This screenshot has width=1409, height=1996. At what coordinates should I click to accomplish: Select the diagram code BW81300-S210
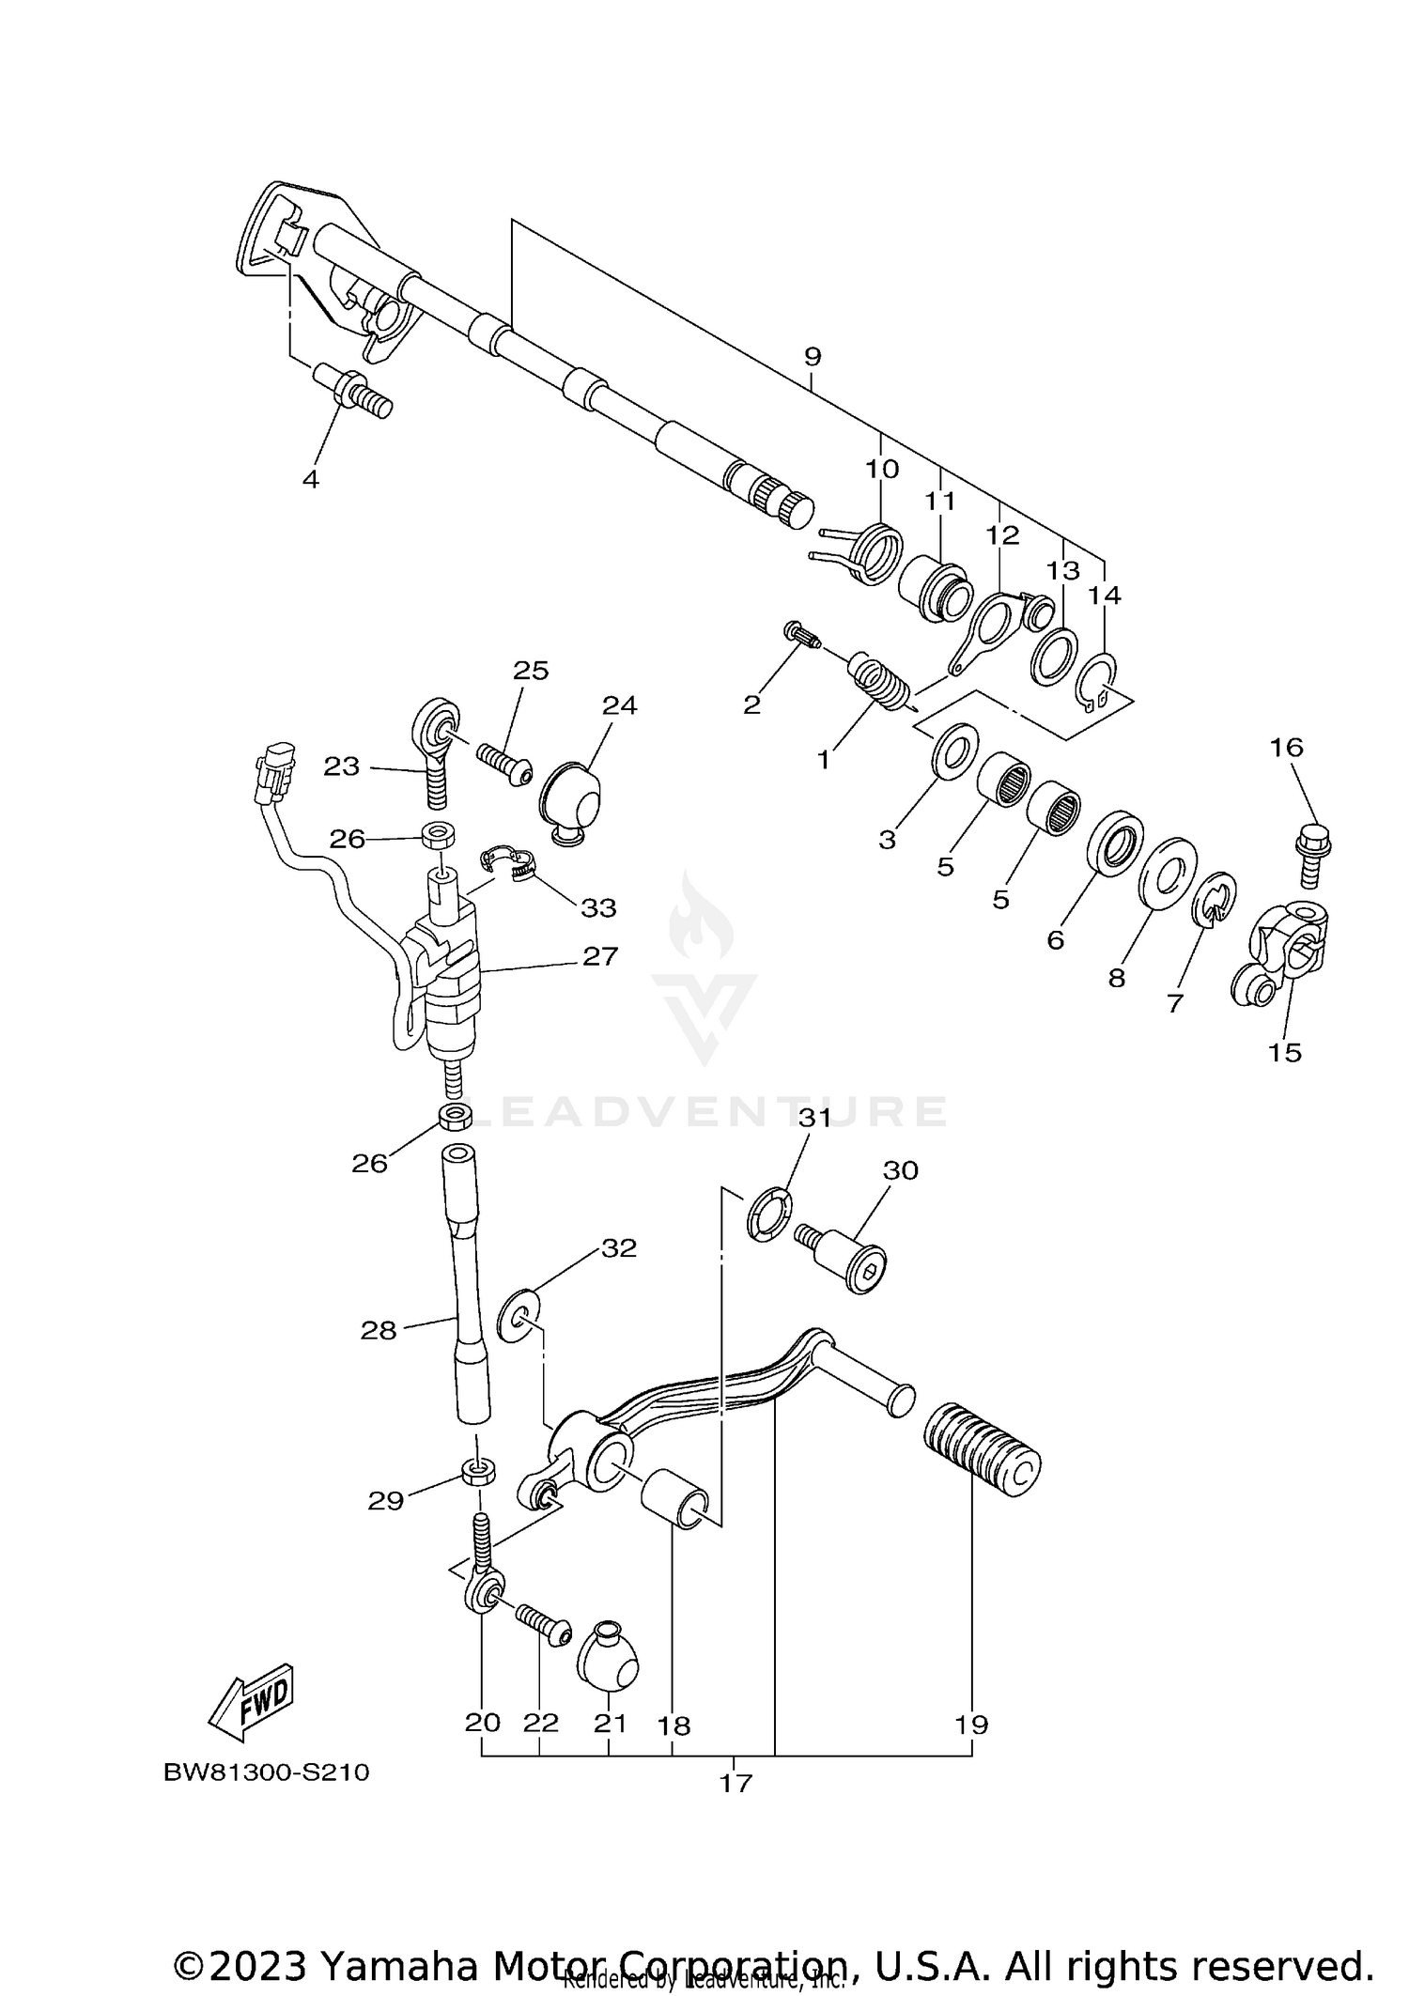coord(267,1773)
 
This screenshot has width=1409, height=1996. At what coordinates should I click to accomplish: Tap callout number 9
coord(813,357)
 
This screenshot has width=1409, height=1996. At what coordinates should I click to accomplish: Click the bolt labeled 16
coord(1313,855)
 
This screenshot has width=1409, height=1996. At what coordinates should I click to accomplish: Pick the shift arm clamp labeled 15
coord(1282,955)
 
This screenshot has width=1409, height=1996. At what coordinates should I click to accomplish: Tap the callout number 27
coord(600,956)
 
